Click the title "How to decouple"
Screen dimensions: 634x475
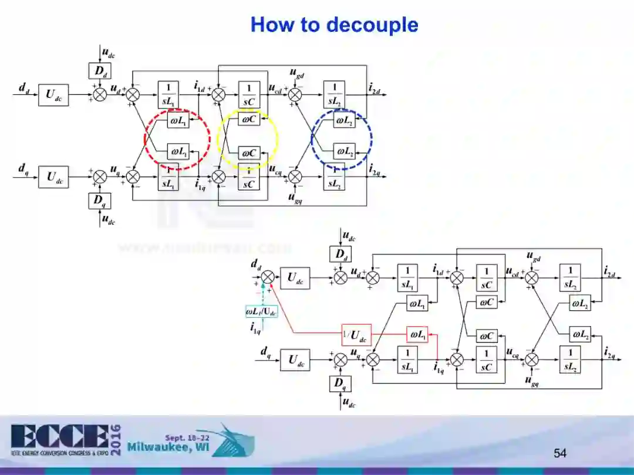click(334, 25)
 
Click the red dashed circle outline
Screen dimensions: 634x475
click(145, 139)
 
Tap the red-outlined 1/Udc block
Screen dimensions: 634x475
click(356, 335)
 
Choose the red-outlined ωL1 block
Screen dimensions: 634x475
click(417, 335)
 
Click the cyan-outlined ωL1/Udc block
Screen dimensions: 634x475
click(261, 311)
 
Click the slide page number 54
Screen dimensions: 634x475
click(560, 453)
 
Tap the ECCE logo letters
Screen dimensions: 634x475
click(59, 437)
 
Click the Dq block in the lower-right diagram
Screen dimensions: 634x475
click(340, 384)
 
